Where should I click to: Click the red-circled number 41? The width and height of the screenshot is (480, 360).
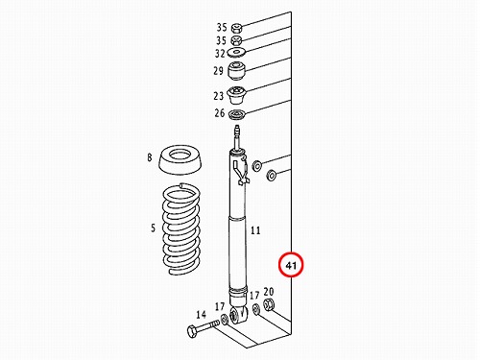click(290, 265)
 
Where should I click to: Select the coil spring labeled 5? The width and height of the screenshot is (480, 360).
click(181, 229)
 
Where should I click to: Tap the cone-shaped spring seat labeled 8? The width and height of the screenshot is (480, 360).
click(180, 160)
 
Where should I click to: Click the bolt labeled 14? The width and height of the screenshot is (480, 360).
click(201, 329)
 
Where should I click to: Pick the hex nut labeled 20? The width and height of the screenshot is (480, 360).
click(269, 303)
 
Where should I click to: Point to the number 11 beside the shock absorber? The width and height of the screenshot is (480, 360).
click(255, 230)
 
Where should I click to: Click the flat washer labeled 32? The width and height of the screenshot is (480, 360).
click(236, 52)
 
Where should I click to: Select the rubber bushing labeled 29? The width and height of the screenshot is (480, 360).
click(236, 71)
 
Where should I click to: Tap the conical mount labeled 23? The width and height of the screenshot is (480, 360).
click(236, 95)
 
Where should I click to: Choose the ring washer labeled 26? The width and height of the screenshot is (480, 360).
click(237, 114)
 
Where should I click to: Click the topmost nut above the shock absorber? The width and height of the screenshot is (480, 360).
click(236, 28)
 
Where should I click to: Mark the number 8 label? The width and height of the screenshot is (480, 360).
click(150, 157)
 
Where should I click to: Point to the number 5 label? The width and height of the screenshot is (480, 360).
click(154, 228)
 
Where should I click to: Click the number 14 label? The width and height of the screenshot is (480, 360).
click(201, 315)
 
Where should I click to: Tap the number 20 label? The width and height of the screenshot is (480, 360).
click(269, 292)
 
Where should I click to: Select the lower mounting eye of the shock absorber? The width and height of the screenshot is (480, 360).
click(238, 314)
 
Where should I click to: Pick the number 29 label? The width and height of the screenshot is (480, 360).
click(218, 70)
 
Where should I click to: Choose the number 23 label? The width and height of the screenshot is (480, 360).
click(218, 96)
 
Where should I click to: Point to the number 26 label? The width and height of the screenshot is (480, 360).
click(220, 112)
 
